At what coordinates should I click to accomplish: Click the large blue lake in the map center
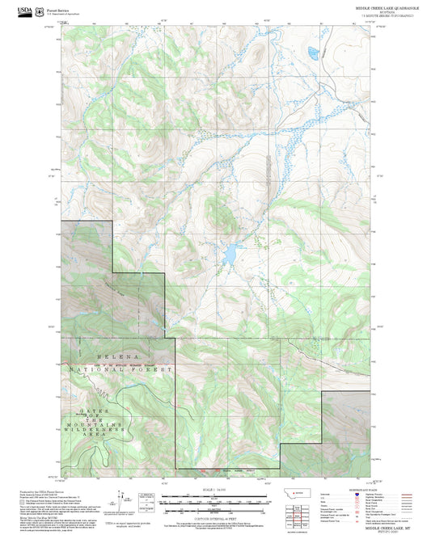click(230, 255)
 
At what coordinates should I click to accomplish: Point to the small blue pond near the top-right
click(312, 55)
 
